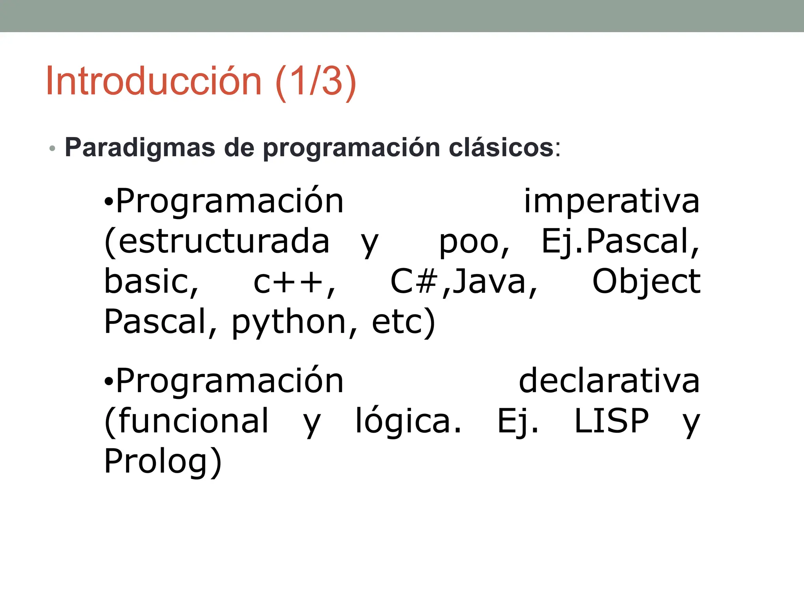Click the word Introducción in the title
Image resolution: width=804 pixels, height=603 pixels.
point(153,81)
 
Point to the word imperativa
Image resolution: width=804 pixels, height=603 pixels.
point(612,201)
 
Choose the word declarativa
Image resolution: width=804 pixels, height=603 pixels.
point(609,381)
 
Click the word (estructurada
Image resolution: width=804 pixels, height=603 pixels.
point(217,242)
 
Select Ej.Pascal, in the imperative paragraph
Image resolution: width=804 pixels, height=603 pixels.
point(620,242)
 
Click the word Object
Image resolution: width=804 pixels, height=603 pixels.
point(646,282)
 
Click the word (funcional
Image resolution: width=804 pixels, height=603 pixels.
point(187,421)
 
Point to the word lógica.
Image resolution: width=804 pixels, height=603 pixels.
point(409,421)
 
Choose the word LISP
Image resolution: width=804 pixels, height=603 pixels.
point(611,421)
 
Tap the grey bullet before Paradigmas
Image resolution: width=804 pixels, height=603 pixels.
point(52,149)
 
